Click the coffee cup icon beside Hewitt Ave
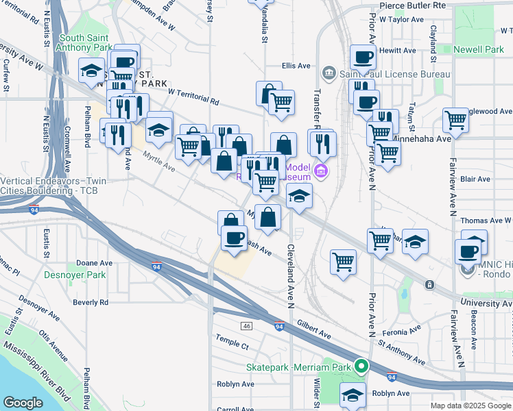pyautogui.click(x=363, y=57)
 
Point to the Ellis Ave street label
pyautogui.click(x=296, y=66)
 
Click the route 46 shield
pyautogui.click(x=246, y=324)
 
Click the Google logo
pyautogui.click(x=23, y=402)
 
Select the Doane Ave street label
pyautogui.click(x=94, y=262)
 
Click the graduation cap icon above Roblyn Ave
pyautogui.click(x=353, y=395)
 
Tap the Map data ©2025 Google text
pyautogui.click(x=470, y=406)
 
